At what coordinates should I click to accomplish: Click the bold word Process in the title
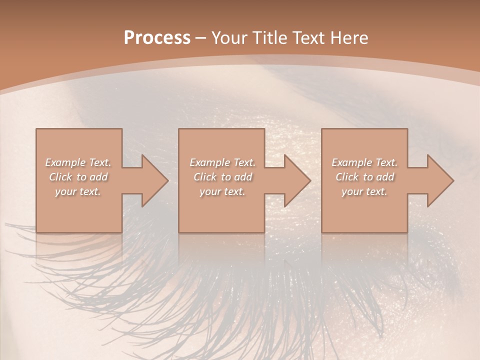157,38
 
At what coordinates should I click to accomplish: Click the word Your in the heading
229,38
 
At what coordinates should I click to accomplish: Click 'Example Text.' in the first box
78,162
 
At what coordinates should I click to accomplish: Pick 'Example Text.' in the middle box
222,162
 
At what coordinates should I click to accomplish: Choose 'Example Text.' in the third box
364,162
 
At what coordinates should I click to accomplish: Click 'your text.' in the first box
78,191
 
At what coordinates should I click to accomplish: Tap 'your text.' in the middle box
222,191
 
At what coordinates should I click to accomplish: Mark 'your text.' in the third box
364,191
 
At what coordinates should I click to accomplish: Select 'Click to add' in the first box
78,177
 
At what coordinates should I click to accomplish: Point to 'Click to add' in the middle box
223,177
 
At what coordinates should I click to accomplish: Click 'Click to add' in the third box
365,177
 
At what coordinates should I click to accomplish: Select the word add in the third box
385,177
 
